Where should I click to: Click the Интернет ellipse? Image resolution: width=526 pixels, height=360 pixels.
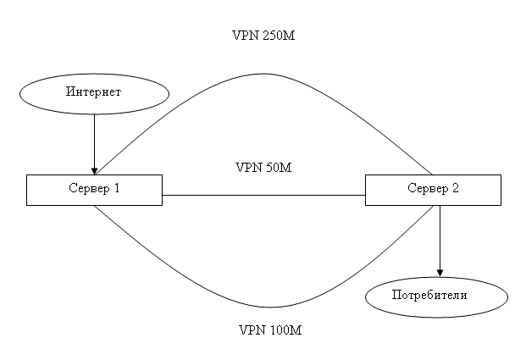[x=94, y=92]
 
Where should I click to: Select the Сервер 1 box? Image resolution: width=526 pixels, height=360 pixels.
[x=94, y=190]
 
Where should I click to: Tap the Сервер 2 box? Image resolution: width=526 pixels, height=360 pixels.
[x=432, y=190]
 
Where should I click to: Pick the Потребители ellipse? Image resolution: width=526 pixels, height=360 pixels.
[x=436, y=296]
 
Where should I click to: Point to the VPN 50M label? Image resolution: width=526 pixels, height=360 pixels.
[x=263, y=167]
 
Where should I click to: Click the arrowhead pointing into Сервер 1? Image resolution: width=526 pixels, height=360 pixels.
[x=94, y=169]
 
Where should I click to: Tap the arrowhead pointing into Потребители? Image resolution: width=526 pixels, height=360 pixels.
[x=440, y=271]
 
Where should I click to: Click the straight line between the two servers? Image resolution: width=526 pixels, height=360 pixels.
[x=263, y=196]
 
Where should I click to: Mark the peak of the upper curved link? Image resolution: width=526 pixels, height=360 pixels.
[x=263, y=74]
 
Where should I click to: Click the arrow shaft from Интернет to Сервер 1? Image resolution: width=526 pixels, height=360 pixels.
[x=94, y=140]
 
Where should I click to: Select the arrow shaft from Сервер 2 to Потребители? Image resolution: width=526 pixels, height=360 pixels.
[x=440, y=237]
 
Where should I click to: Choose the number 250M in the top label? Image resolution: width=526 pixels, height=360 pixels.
[x=281, y=36]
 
